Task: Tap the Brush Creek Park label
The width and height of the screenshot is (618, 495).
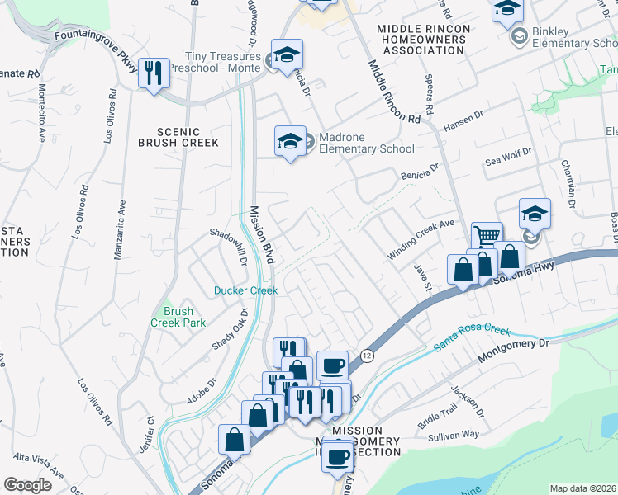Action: pos(178,317)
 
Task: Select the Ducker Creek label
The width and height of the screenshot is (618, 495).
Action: pos(245,290)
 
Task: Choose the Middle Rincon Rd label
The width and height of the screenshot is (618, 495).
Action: pos(393,92)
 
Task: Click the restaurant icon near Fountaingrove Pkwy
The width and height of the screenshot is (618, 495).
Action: pos(153,73)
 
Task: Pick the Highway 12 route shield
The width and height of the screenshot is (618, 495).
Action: pos(367,355)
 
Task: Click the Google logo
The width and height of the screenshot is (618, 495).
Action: pos(27,485)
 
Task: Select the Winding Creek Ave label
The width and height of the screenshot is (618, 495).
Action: pos(421,239)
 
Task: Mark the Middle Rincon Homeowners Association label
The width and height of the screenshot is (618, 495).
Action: pos(423,40)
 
